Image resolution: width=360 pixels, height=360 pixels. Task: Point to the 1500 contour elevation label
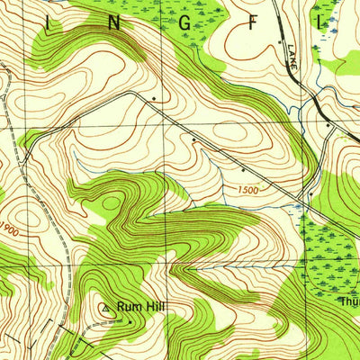[x=253, y=190]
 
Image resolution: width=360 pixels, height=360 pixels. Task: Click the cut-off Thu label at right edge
[x=349, y=302]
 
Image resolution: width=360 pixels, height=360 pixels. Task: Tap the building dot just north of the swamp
[x=310, y=193]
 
